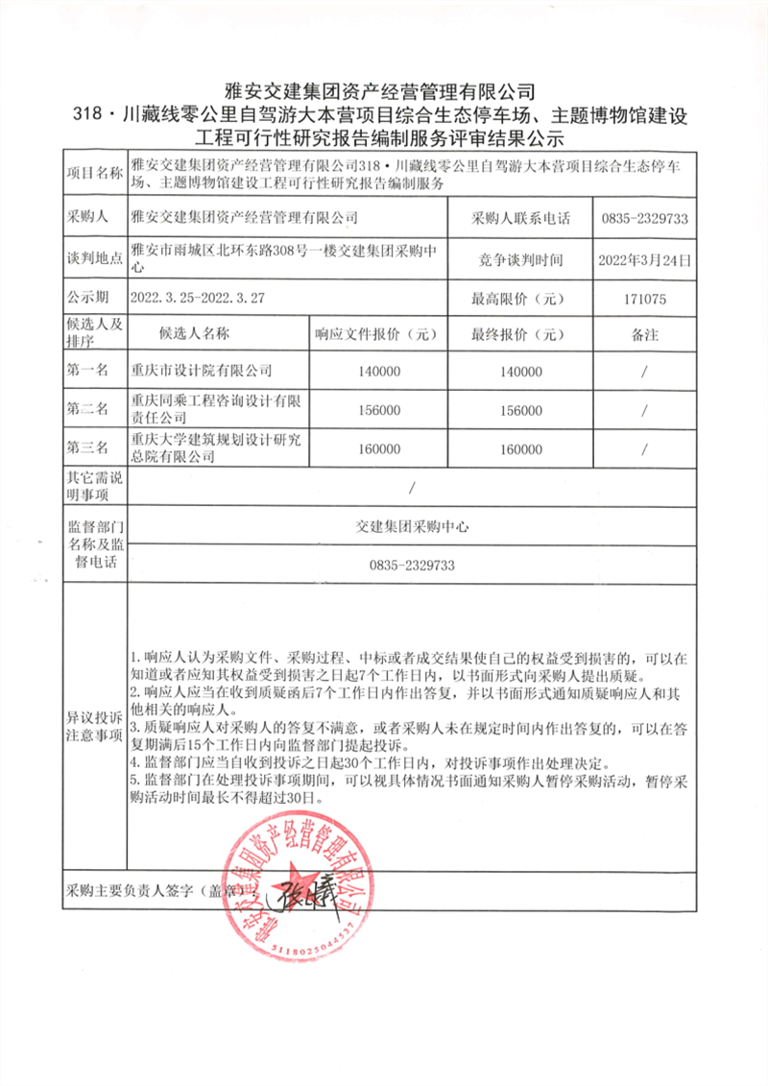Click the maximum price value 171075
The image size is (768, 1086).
pos(643,299)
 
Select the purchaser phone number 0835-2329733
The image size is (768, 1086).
pos(643,219)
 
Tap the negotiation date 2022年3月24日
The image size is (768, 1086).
pos(643,259)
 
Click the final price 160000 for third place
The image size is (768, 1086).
pos(521,448)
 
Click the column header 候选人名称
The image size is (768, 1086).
pos(195,334)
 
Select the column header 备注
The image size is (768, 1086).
pos(643,334)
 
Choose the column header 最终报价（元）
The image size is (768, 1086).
pos(521,334)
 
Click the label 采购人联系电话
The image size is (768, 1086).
pos(521,219)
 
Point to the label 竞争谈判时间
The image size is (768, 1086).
pos(521,259)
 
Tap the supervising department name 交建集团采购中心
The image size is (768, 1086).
pos(411,527)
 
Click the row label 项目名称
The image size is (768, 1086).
pos(94,174)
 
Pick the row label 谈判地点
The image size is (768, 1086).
pos(94,259)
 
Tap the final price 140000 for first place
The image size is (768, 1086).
pos(521,371)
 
